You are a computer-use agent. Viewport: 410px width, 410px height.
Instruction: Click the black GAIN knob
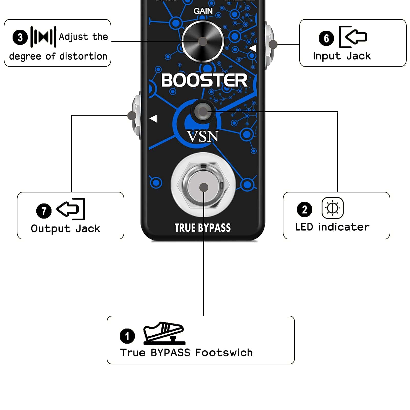pos(203,41)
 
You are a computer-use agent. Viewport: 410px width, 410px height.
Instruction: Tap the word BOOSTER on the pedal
pos(204,80)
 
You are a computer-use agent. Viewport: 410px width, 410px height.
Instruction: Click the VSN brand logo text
pos(202,136)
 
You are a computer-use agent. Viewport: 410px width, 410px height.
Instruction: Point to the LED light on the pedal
pos(203,112)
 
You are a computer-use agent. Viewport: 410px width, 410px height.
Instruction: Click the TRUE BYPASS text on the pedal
pos(203,228)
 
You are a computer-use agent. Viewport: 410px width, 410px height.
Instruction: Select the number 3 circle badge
pos(20,37)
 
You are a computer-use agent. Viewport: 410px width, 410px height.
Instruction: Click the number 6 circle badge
pos(326,38)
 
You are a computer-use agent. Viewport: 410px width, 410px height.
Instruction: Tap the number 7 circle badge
pos(44,211)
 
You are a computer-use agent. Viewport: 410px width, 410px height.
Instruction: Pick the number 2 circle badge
pos(304,209)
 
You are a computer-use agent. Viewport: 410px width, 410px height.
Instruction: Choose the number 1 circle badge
pos(127,336)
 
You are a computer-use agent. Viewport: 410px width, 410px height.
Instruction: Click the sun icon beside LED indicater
pos(332,208)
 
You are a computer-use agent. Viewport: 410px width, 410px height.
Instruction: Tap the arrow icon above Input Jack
pos(353,37)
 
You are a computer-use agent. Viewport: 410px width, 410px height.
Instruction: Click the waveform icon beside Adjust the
pos(43,37)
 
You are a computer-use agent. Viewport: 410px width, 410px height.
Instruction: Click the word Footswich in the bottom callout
pos(224,353)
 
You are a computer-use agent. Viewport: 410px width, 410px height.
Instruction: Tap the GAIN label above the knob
pos(203,11)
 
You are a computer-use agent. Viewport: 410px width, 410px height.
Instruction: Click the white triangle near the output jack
pos(153,118)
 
